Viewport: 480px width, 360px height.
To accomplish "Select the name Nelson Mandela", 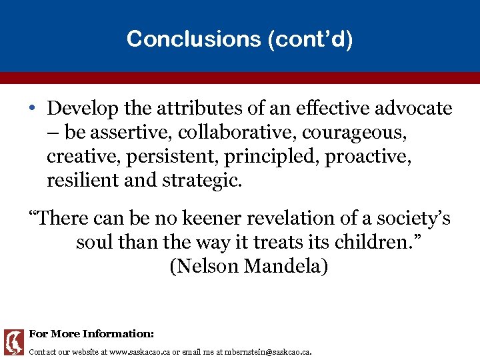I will tap(249, 266).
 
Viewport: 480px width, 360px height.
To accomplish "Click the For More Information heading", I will tap(91, 333).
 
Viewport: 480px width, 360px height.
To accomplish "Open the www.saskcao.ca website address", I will tap(139, 351).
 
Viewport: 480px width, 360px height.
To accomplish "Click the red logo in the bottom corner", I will tap(13, 342).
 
